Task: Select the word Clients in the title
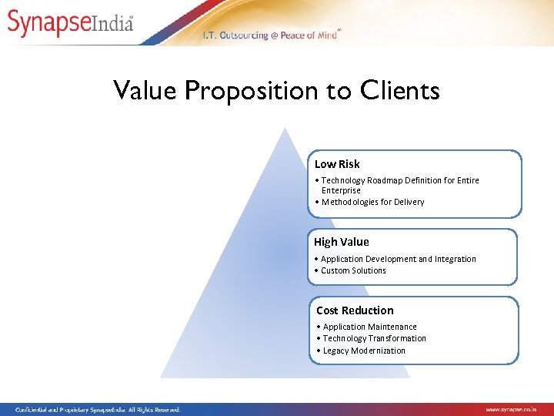click(400, 90)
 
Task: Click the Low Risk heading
click(337, 164)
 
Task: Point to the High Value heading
click(341, 242)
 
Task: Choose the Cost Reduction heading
click(355, 310)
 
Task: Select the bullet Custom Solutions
click(353, 270)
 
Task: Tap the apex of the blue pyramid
click(285, 129)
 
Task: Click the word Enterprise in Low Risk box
click(341, 190)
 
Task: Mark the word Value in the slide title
click(145, 91)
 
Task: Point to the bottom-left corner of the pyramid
click(162, 377)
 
